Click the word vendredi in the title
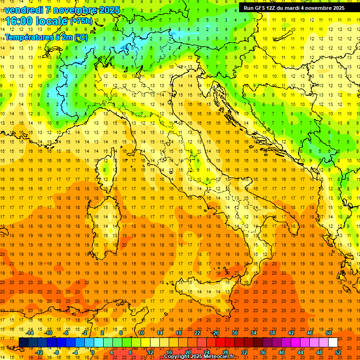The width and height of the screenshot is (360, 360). coord(23,10)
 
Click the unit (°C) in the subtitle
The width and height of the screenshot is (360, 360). coord(80,37)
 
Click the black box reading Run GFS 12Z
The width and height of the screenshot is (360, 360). coord(293,8)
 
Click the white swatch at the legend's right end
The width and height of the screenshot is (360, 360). coord(333,343)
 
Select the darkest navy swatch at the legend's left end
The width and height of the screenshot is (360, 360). coord(23,343)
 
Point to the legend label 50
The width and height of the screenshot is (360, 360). coord(328,333)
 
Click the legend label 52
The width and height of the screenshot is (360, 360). coord(338,352)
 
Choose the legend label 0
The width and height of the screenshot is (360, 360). coord(93,352)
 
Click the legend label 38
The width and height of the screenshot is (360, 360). coord(272,333)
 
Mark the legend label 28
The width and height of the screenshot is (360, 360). coord(225,352)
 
